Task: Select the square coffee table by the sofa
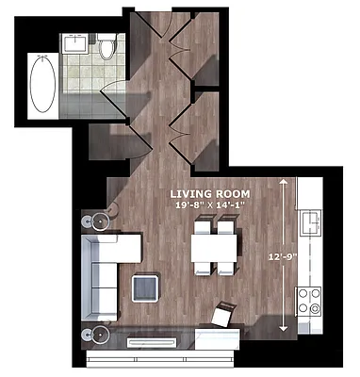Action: pos(146,287)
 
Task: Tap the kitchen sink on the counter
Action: pos(309,223)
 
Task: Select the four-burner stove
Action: pos(310,303)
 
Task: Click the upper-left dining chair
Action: pos(202,227)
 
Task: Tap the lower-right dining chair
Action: pos(226,269)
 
